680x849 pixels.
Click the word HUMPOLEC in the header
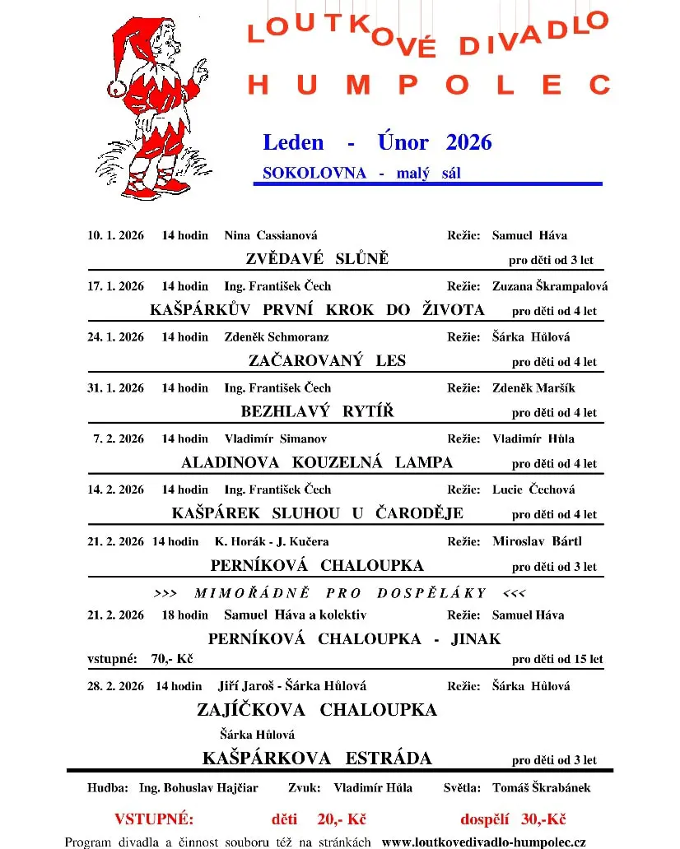tap(429, 85)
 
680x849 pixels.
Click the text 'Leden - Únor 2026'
tap(377, 142)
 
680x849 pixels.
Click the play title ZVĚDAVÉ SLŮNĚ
tap(317, 259)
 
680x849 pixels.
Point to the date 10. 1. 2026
tap(116, 235)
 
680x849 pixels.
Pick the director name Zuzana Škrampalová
tap(550, 286)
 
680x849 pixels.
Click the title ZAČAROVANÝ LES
tap(327, 360)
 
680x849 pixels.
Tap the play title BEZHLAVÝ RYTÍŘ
tap(317, 411)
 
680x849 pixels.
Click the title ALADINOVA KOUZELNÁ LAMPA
tap(317, 462)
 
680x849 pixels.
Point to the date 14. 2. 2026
tap(116, 489)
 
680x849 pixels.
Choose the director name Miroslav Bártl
tap(537, 541)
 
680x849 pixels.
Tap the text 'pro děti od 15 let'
tap(557, 659)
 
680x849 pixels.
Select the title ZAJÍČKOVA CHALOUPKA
tap(317, 709)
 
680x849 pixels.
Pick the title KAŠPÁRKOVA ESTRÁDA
tap(317, 758)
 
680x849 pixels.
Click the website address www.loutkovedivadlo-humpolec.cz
tap(484, 842)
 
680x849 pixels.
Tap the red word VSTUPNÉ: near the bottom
tap(154, 819)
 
